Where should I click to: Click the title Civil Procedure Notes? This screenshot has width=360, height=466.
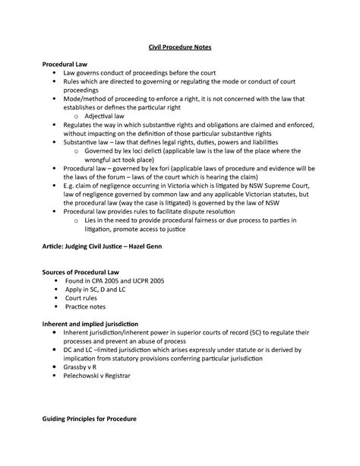point(179,46)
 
